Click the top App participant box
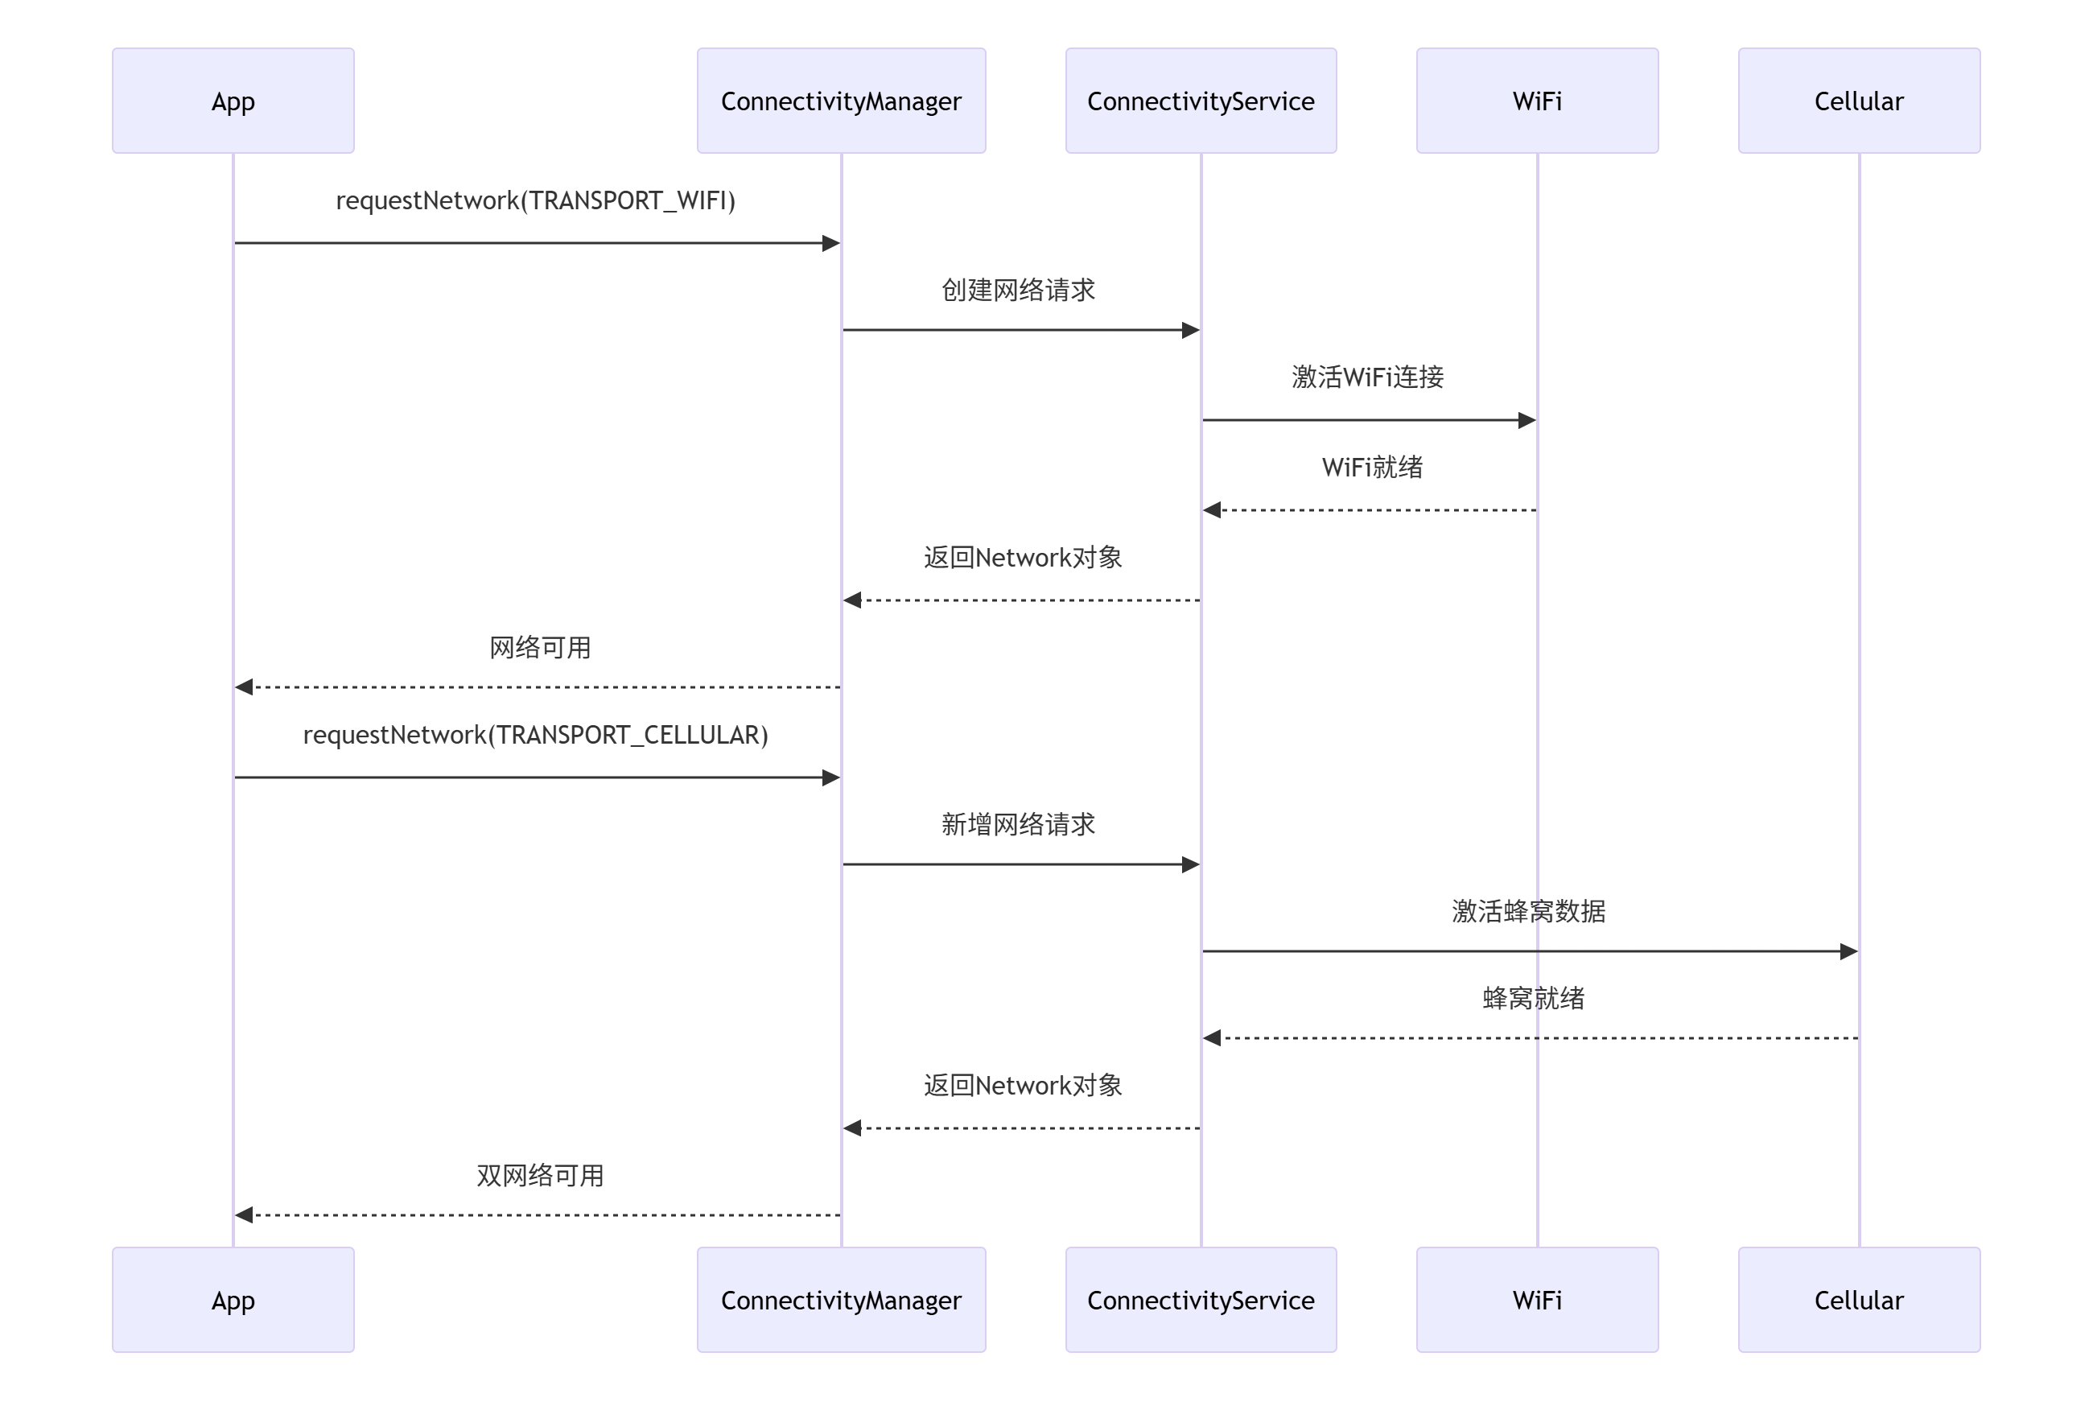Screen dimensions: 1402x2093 tap(233, 101)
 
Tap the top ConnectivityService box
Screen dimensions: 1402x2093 tap(1200, 101)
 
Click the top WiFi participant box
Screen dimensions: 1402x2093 tap(1536, 101)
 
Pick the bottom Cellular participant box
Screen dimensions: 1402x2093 tap(1858, 1299)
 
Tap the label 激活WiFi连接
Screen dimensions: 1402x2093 tap(1367, 377)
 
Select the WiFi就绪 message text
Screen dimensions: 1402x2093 tap(1371, 467)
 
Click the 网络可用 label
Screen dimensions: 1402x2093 tap(539, 647)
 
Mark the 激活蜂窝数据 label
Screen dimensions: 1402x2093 tap(1528, 911)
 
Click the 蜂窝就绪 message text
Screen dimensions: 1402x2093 tap(1532, 998)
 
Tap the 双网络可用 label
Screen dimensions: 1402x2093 tap(539, 1175)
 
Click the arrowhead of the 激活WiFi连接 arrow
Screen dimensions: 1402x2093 tap(1526, 420)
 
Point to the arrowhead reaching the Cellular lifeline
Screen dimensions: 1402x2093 tap(1848, 951)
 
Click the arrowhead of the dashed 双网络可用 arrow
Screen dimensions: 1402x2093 tap(244, 1214)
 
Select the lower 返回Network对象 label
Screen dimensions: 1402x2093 tap(1022, 1086)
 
